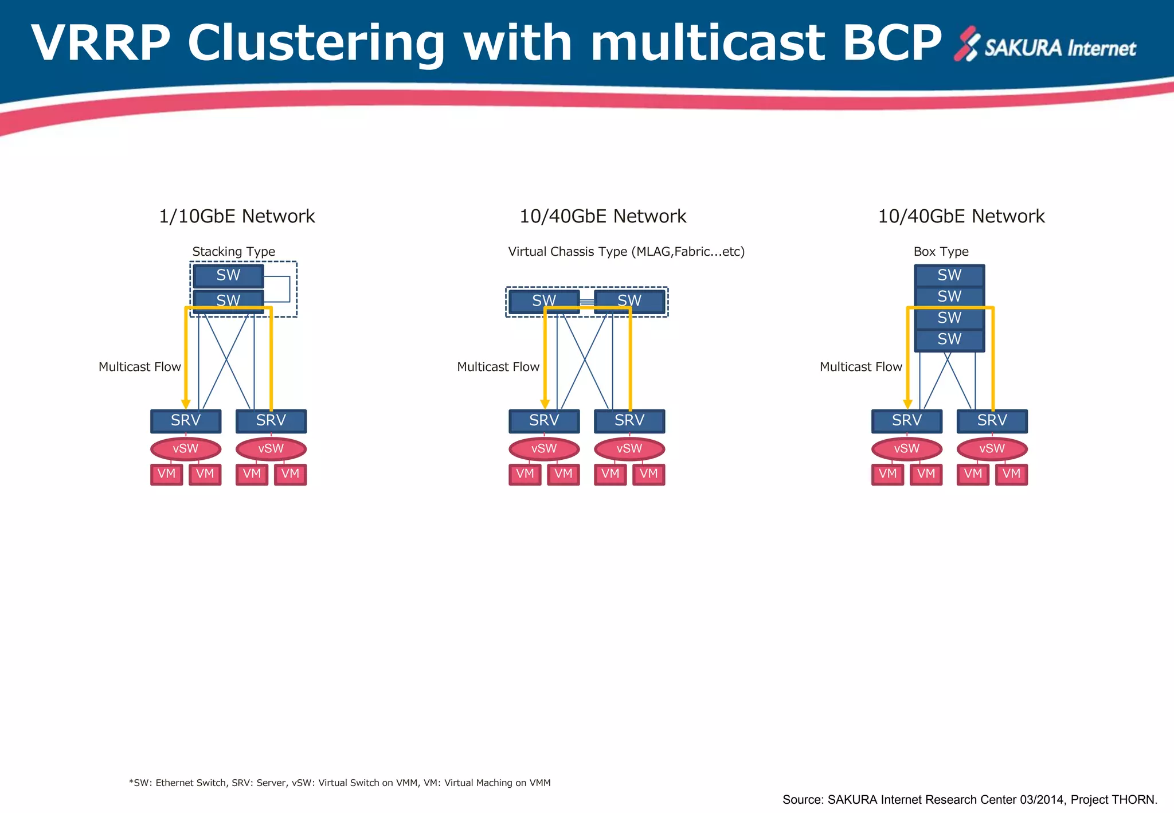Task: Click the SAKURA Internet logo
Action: point(1044,45)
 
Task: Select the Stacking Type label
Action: point(233,252)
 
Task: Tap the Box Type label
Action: point(941,252)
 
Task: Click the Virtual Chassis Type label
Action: point(626,252)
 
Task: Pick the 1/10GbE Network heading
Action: point(237,216)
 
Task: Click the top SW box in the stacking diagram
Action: point(228,276)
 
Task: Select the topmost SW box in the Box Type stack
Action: point(949,276)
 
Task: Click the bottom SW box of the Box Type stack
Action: point(949,339)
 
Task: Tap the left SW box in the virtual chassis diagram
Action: point(544,300)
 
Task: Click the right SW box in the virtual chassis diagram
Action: point(629,300)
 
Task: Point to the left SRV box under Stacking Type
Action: point(186,421)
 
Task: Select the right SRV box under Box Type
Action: point(992,421)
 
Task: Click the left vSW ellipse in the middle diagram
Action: point(544,449)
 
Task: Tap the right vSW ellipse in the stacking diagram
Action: point(271,449)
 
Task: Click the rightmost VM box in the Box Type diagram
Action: point(1011,474)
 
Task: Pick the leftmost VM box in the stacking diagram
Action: point(166,474)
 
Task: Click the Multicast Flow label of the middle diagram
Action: point(498,367)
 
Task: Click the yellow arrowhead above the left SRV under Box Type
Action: point(907,404)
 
